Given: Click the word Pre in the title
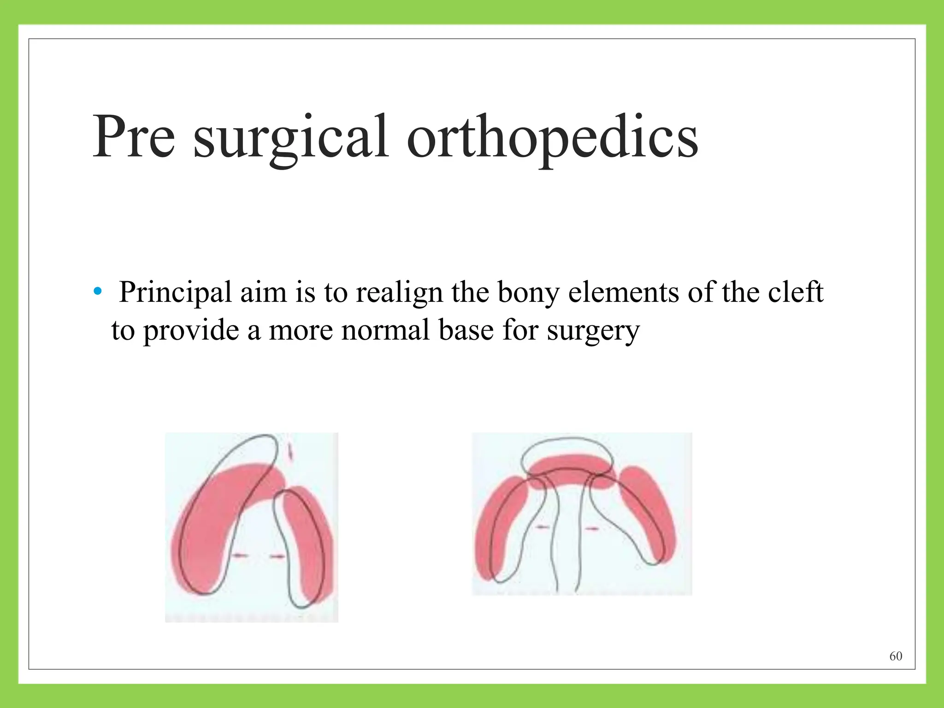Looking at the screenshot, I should [x=134, y=137].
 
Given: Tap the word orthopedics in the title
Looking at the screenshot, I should [x=552, y=137].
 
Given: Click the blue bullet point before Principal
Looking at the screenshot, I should [x=97, y=292].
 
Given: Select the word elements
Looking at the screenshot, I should [x=623, y=292].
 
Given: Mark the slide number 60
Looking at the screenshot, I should [x=896, y=656].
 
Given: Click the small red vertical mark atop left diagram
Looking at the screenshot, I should [x=290, y=452].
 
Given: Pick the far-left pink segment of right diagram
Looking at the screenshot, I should [x=496, y=530].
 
